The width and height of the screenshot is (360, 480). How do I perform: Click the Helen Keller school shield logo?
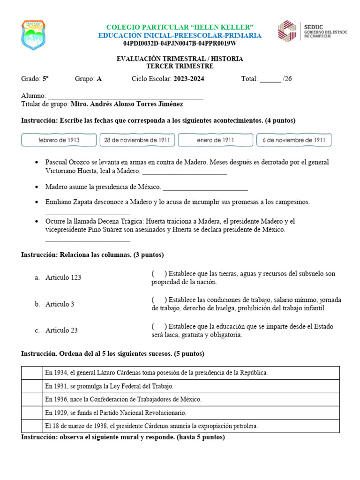point(33,35)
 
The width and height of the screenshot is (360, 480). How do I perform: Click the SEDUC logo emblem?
point(287,30)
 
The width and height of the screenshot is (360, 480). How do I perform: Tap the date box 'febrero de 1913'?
point(59,140)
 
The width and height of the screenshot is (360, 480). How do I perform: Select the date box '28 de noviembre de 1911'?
point(137,140)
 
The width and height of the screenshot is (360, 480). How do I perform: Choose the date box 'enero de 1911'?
point(216,140)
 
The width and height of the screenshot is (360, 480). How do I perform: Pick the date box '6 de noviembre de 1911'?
point(294,140)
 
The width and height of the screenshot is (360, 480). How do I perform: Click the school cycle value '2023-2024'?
point(189,79)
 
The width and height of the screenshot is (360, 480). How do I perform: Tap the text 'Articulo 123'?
point(63,277)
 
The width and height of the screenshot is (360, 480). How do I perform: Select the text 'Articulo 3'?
point(60,304)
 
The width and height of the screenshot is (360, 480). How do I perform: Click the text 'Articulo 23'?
point(61,330)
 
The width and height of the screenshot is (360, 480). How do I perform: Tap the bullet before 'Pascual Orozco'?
point(37,162)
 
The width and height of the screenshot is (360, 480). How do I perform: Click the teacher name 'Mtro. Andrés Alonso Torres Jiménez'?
point(127,104)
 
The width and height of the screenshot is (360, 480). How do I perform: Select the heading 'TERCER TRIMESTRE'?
point(180,66)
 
